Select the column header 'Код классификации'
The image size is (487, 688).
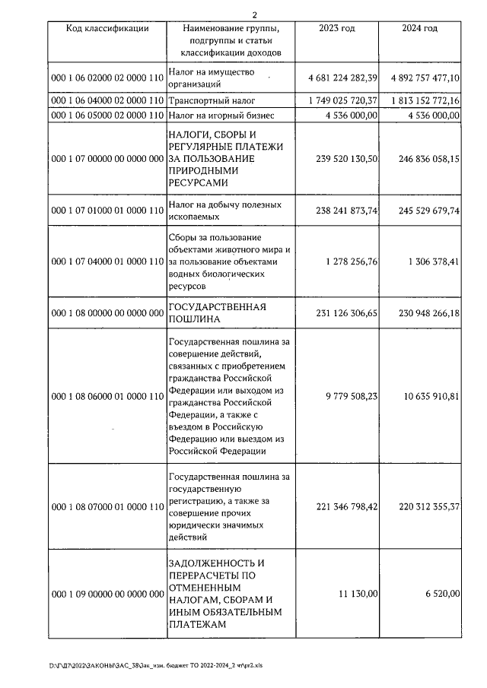107,28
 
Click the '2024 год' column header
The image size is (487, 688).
419,28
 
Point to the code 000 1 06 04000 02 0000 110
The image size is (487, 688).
107,100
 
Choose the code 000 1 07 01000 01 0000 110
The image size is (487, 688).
107,211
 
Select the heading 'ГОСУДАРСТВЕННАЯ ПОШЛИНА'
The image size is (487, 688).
216,312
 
